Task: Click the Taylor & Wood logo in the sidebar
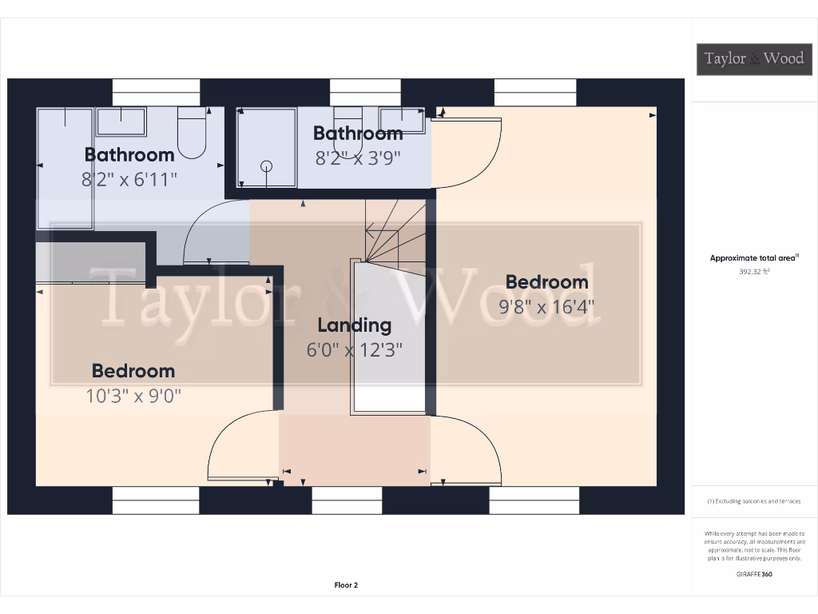point(754,58)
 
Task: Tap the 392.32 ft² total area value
point(754,272)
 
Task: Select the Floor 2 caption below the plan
point(346,585)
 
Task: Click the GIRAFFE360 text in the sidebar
point(754,574)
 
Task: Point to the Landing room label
point(354,325)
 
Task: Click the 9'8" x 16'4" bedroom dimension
point(546,306)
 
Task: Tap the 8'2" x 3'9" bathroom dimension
point(358,157)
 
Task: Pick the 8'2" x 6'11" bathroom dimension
point(129,179)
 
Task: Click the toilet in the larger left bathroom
point(192,133)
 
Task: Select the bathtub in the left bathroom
point(65,168)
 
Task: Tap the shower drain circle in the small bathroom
point(267,166)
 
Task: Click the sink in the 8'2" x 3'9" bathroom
point(402,120)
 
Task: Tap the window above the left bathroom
point(156,92)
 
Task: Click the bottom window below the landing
point(347,500)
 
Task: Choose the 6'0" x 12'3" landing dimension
point(354,349)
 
